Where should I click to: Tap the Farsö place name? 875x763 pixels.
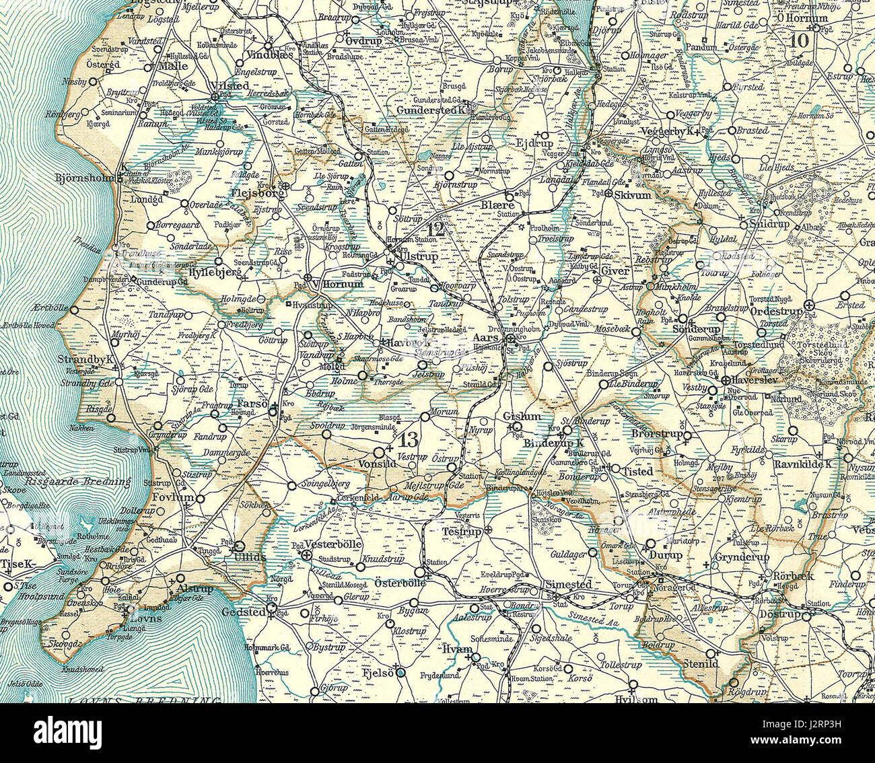[252, 404]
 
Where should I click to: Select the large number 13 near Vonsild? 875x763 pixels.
[408, 441]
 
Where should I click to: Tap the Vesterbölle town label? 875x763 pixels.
[334, 544]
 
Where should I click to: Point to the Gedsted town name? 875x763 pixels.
[246, 612]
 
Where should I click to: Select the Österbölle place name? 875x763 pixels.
[390, 583]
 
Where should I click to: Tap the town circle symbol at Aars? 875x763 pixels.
[511, 340]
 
